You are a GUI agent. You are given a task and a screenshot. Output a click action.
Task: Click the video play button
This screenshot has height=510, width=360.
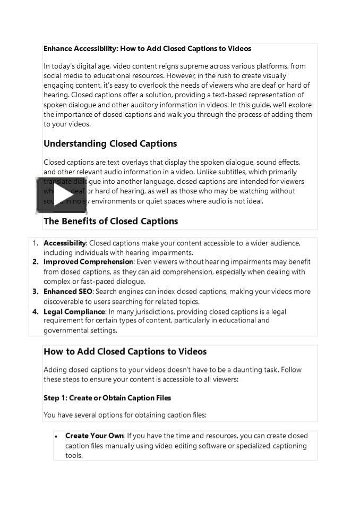coord(62,195)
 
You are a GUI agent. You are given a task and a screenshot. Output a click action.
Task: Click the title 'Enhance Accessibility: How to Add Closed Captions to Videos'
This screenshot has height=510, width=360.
coord(147,49)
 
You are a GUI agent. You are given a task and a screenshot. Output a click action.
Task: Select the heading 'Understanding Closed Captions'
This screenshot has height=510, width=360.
coord(110,144)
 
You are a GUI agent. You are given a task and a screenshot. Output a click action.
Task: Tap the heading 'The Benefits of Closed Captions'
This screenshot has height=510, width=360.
coord(110,221)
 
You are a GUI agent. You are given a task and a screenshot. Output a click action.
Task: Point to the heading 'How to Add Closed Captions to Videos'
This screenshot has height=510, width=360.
coord(125,352)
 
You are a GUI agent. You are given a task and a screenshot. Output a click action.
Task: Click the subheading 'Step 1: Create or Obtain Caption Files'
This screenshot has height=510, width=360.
coord(107,398)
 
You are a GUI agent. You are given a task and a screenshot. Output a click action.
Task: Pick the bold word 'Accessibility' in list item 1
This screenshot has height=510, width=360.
coord(64,243)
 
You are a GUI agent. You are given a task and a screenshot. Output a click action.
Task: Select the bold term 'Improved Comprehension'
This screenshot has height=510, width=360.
coord(88,262)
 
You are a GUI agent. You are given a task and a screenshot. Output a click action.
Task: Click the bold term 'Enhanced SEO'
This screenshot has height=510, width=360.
coord(68,292)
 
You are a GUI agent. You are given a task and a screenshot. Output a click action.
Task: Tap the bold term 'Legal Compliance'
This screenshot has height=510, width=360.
coord(74,312)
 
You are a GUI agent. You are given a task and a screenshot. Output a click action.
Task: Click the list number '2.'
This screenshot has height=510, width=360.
coord(36,262)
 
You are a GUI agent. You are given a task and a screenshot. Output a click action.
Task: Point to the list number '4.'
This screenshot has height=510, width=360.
coord(36,312)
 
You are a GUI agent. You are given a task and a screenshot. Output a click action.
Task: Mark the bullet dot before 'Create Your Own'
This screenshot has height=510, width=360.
coord(56,436)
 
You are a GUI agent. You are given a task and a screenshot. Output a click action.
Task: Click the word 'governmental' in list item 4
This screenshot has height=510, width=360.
coord(65,330)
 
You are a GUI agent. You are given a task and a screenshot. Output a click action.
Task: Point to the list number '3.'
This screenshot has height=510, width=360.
coord(36,292)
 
